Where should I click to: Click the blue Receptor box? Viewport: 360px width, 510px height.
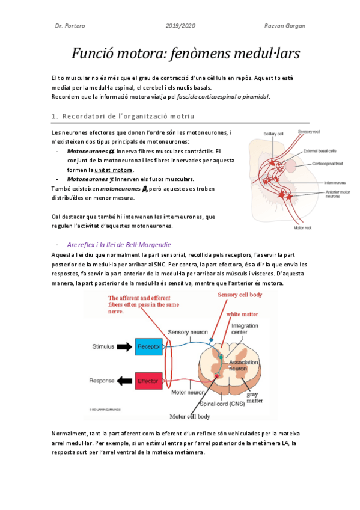[148, 347]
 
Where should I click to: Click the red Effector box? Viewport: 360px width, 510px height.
[148, 381]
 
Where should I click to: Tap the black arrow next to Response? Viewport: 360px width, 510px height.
[124, 381]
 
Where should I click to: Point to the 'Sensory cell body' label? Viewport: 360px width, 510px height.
[240, 295]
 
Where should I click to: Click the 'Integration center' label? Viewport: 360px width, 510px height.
[245, 329]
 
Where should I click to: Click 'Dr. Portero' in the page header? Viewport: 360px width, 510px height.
[69, 26]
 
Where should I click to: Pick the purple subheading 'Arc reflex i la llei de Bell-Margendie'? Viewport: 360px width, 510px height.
[119, 245]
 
